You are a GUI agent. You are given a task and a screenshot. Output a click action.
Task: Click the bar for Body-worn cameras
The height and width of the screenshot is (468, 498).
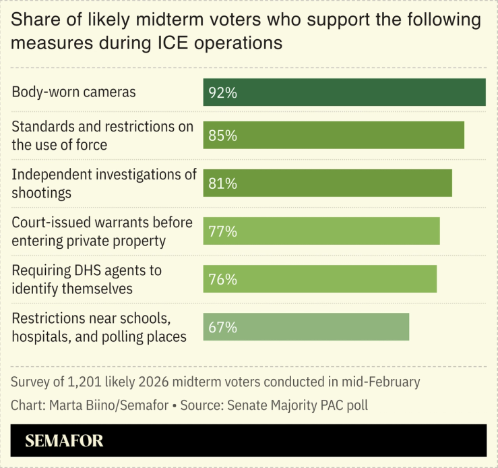pyautogui.click(x=344, y=92)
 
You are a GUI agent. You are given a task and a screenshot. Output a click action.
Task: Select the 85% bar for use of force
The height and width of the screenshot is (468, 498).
pyautogui.click(x=334, y=135)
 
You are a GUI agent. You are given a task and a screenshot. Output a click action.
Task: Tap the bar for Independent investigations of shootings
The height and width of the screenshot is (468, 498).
pyautogui.click(x=328, y=183)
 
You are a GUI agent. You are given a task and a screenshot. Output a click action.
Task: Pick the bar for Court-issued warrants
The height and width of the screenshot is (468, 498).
pyautogui.click(x=321, y=231)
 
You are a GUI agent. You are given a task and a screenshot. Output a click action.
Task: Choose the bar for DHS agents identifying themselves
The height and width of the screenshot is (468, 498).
pyautogui.click(x=320, y=279)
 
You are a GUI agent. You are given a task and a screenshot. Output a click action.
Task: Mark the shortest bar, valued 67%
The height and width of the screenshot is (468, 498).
pyautogui.click(x=306, y=327)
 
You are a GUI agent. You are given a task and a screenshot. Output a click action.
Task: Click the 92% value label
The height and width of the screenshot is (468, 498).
pyautogui.click(x=222, y=93)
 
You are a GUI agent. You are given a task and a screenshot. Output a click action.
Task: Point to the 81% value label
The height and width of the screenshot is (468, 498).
pyautogui.click(x=222, y=183)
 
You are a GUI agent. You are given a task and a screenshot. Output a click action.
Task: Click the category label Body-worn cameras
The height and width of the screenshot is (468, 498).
pyautogui.click(x=73, y=92)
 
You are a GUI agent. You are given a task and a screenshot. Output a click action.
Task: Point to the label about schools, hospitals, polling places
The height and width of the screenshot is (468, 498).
pyautogui.click(x=99, y=327)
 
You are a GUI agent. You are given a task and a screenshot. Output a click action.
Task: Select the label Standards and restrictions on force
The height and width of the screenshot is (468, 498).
pyautogui.click(x=102, y=136)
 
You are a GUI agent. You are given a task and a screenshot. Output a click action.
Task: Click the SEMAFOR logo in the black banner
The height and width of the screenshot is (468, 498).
pyautogui.click(x=64, y=442)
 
